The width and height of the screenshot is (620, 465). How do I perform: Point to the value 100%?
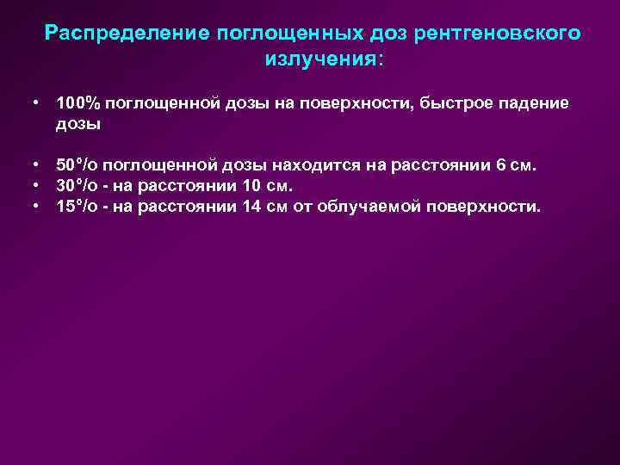77,103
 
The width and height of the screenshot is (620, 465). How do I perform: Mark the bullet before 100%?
39,103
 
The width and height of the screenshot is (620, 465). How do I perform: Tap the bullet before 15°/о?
39,207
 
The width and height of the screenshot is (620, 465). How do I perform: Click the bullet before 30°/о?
39,186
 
